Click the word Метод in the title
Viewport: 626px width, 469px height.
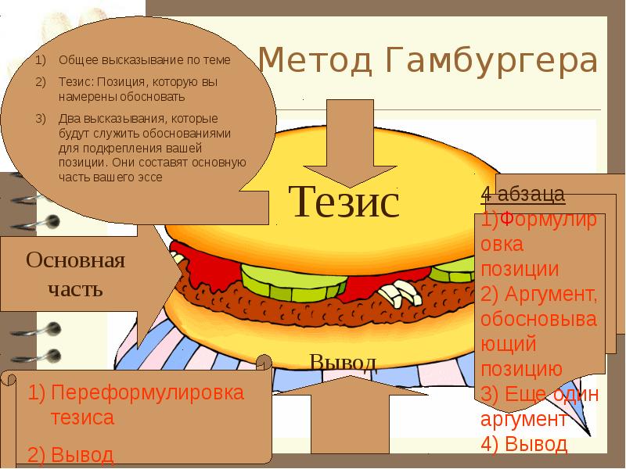point(315,60)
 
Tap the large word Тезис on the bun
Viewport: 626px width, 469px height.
point(344,202)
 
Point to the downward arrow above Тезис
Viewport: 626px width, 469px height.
point(350,144)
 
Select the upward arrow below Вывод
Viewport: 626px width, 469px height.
point(350,415)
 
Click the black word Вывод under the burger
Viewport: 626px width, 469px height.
point(344,363)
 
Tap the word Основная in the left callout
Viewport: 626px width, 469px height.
point(75,260)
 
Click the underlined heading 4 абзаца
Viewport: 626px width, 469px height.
point(523,195)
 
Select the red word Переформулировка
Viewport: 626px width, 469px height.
point(147,392)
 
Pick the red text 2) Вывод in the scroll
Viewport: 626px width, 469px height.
point(70,455)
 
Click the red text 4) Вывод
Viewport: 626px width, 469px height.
point(523,444)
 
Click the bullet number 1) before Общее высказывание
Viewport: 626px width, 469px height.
point(41,60)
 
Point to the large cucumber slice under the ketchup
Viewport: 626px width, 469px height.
point(293,282)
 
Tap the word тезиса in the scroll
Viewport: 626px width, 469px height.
point(82,417)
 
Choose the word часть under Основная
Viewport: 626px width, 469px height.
point(75,289)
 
